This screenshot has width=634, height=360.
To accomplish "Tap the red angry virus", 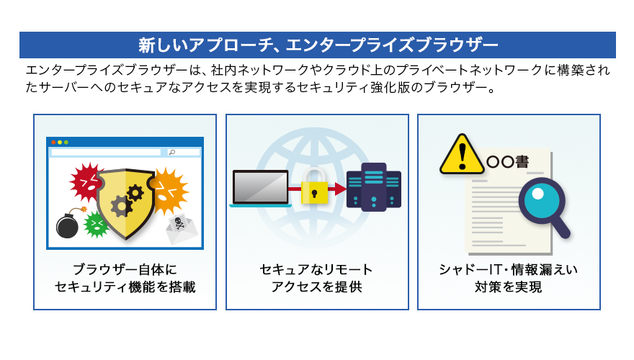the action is coord(86,182).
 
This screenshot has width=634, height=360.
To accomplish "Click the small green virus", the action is coord(97,224).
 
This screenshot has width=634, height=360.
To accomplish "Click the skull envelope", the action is coord(182,228).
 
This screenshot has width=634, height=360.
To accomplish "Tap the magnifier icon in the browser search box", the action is coord(172,153).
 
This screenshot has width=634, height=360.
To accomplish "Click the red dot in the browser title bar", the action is coord(53,143).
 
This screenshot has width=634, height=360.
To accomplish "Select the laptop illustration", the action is coord(260,189).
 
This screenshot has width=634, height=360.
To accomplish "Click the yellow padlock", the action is coord(314,186).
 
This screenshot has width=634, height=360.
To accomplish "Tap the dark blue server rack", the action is coord(374,187).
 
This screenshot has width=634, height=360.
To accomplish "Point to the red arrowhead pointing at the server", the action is coord(341,189).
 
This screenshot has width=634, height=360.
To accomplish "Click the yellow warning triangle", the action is coord(462,155).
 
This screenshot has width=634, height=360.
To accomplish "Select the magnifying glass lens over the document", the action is coord(541,201).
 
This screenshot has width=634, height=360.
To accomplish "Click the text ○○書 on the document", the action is coord(507,162).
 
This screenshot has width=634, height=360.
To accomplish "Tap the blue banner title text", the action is coord(318,45).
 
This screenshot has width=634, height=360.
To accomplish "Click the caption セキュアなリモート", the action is coord(316,269).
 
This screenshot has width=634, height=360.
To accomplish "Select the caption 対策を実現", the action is coord(508,287).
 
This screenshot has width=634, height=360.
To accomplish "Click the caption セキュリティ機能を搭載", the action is coord(125,287).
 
